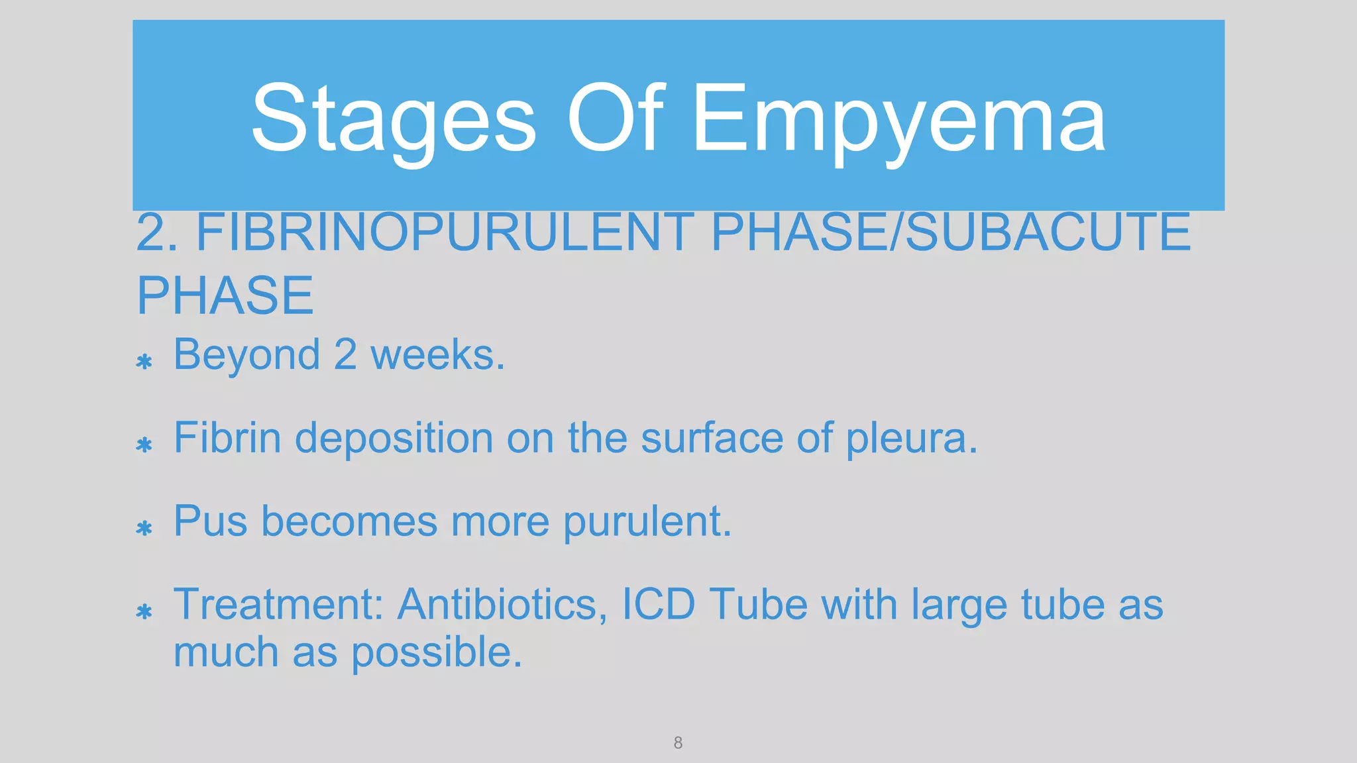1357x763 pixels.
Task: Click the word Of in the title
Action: pyautogui.click(x=615, y=118)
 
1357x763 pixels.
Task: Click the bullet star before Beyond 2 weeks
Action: pyautogui.click(x=144, y=362)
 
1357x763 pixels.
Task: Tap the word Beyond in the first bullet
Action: pyautogui.click(x=246, y=355)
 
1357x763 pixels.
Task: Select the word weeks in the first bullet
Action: pyautogui.click(x=437, y=355)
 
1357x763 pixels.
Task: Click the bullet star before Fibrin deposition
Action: pyautogui.click(x=144, y=444)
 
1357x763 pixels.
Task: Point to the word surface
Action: pyautogui.click(x=712, y=438)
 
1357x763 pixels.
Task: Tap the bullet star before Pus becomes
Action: pyautogui.click(x=144, y=528)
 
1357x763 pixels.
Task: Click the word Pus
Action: pyautogui.click(x=210, y=521)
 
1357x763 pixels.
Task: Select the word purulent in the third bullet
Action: pyautogui.click(x=647, y=522)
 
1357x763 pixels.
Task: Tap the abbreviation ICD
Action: pyautogui.click(x=658, y=604)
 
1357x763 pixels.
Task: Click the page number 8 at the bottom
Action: pyautogui.click(x=678, y=742)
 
